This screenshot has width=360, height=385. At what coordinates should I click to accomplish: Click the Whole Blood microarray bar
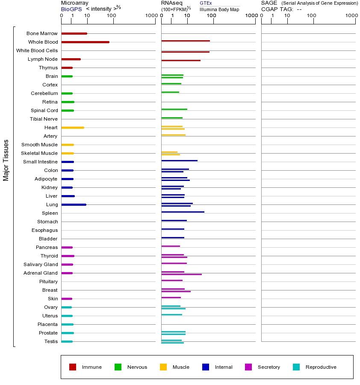85,42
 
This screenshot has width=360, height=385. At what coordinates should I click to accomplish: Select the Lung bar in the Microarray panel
74,204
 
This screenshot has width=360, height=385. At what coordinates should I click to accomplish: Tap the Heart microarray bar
73,127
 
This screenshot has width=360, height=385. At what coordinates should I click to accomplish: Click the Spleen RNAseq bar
183,212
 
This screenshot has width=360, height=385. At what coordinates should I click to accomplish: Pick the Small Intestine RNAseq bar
179,160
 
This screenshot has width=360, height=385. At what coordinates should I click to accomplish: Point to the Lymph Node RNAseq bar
180,60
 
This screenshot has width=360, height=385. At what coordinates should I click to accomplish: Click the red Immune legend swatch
73,367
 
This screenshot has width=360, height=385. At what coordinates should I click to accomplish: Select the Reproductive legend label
321,367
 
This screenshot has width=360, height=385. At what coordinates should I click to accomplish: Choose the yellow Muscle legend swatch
163,367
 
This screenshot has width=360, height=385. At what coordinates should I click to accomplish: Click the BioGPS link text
71,9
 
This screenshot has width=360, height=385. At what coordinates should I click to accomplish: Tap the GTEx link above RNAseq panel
206,3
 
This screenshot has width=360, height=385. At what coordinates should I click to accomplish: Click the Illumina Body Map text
219,9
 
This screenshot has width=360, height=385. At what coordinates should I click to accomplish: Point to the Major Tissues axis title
6,160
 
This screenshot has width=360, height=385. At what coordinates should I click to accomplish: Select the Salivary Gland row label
41,264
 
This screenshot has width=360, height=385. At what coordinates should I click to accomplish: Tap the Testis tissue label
51,341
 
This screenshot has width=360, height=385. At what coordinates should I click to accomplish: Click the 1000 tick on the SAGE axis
351,15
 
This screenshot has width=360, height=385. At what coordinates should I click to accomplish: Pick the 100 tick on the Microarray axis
111,15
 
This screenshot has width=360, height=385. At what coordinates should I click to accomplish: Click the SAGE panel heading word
269,3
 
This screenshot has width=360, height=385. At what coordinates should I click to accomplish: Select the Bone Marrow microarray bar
74,33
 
